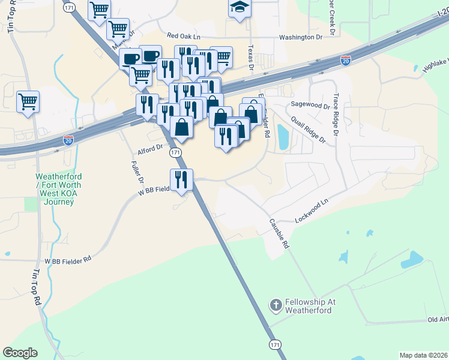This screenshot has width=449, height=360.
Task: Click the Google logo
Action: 20,353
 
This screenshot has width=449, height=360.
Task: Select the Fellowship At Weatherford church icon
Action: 276,305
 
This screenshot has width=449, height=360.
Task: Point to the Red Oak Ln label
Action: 187,37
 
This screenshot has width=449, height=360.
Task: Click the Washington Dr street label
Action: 305,37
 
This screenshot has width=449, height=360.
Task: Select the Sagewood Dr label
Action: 310,105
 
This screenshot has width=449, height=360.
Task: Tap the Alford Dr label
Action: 150,148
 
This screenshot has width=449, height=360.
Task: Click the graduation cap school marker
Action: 240,8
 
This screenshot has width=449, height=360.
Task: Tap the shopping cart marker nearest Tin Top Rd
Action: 28,101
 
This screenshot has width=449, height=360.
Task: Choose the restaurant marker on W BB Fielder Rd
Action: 181,179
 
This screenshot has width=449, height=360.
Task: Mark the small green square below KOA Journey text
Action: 31,203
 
